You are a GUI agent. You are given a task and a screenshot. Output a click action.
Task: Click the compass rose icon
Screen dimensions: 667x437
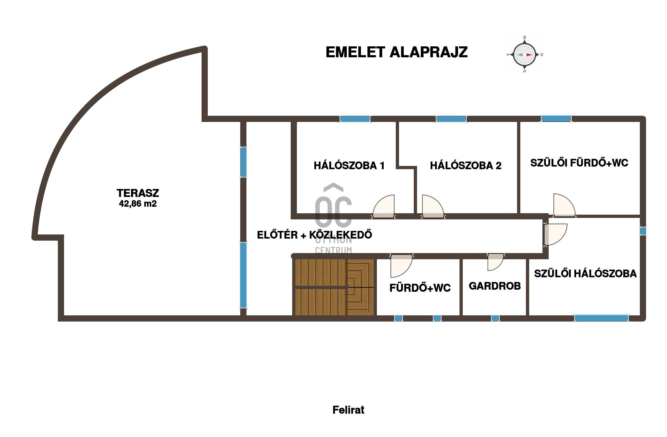524,55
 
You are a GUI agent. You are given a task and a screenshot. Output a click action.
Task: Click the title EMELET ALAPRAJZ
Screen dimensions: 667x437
397,52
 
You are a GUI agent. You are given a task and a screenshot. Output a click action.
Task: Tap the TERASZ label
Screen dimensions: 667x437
138,193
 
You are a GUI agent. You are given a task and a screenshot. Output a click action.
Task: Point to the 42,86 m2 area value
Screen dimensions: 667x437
138,204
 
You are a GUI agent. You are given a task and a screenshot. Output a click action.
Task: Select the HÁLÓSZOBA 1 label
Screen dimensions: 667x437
349,165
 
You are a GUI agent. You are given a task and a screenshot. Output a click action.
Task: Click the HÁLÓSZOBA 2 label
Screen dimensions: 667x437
466,165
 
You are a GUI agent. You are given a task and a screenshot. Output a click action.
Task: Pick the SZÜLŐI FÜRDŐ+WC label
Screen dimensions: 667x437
579,163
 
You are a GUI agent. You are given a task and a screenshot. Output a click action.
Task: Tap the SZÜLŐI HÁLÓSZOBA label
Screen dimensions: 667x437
586,273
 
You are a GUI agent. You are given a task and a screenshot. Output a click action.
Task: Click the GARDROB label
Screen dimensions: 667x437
495,286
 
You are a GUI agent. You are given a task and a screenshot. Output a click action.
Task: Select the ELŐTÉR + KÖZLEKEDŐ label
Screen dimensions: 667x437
315,235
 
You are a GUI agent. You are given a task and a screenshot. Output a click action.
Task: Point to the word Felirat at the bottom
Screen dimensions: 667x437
348,410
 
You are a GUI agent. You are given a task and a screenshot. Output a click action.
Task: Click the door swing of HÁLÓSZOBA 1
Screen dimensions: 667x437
383,206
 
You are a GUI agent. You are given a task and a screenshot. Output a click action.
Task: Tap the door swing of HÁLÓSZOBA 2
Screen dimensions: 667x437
433,206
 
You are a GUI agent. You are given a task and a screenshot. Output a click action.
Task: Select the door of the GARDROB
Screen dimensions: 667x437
495,262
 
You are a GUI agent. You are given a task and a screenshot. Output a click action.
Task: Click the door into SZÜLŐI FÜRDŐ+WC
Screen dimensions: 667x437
564,205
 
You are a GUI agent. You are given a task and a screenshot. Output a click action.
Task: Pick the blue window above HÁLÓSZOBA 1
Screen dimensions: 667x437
355,119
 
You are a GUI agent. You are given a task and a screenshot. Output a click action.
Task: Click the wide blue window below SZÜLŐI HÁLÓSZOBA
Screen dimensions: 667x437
601,318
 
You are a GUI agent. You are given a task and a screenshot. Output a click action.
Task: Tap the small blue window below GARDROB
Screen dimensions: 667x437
495,318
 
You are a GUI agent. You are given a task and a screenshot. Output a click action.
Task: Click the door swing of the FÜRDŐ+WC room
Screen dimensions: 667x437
401,266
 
